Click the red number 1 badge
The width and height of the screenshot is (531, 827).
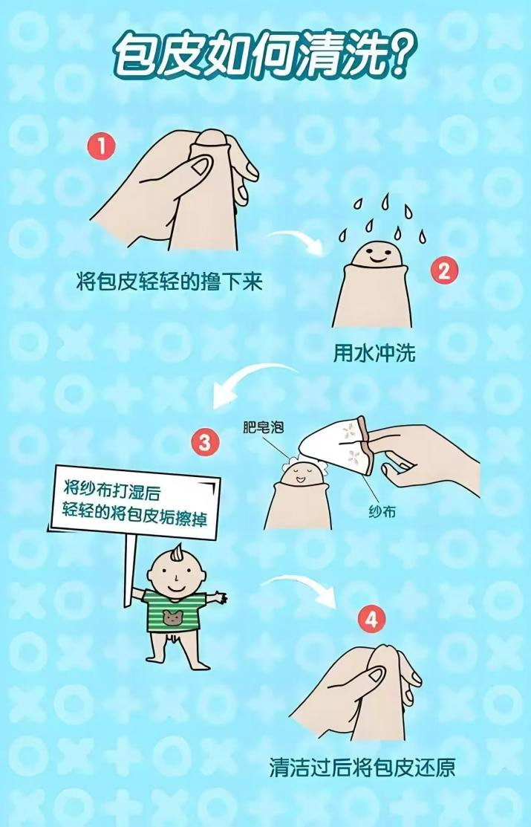pyautogui.click(x=102, y=146)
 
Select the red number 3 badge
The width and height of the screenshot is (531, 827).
pyautogui.click(x=205, y=444)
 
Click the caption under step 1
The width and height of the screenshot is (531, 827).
pyautogui.click(x=170, y=282)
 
